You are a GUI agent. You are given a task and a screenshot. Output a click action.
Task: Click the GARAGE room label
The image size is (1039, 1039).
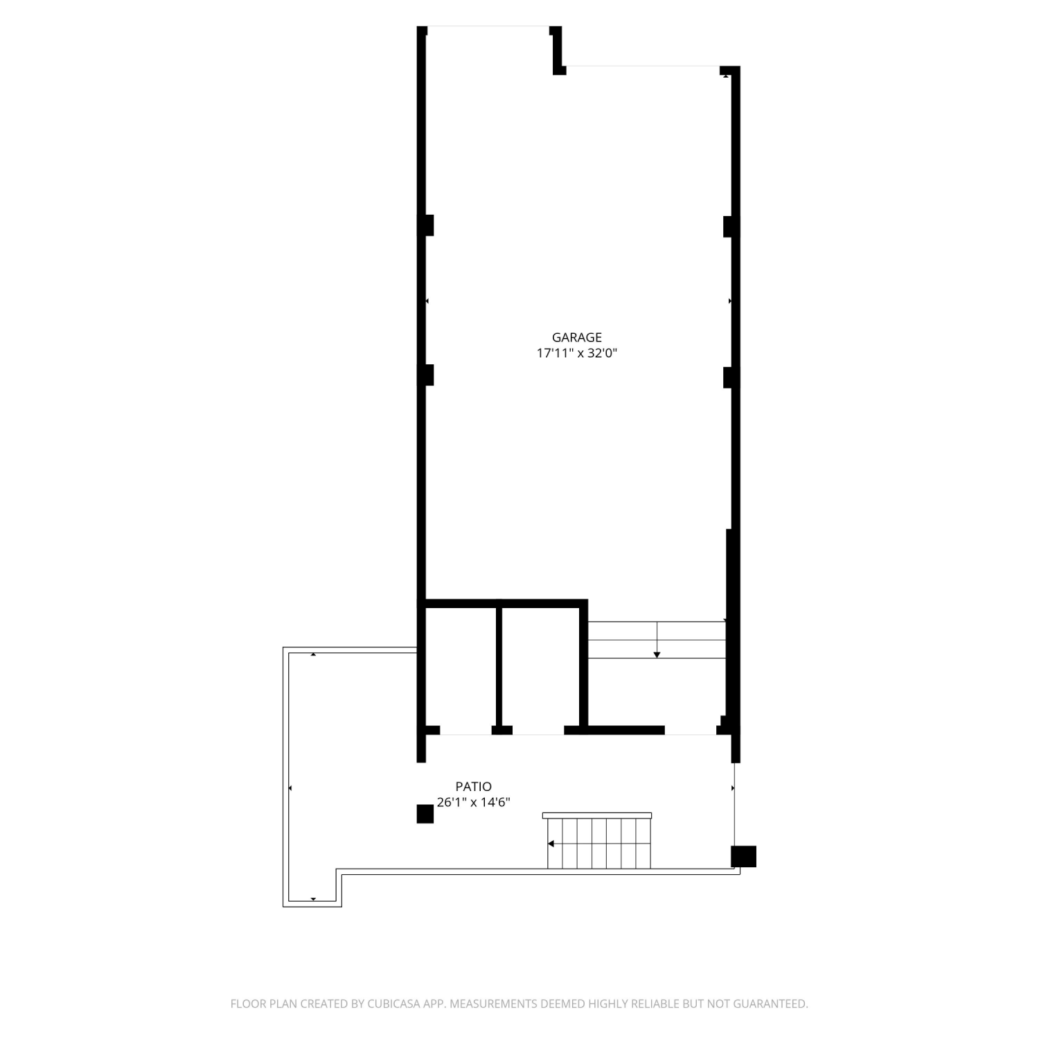576,337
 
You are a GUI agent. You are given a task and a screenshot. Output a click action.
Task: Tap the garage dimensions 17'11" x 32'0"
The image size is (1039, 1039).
576,353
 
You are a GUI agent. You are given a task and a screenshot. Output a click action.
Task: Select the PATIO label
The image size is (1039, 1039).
474,786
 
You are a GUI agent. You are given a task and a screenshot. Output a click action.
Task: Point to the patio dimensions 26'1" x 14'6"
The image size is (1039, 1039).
474,802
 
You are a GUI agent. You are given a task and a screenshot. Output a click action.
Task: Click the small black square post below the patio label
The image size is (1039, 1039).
425,814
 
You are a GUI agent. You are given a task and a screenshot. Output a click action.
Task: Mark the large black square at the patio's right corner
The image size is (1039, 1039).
744,856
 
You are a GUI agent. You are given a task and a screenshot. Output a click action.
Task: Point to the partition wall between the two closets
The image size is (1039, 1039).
499,667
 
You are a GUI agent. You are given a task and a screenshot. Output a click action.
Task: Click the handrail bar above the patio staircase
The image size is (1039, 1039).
597,815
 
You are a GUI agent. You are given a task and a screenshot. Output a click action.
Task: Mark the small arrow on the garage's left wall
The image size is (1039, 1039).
427,301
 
